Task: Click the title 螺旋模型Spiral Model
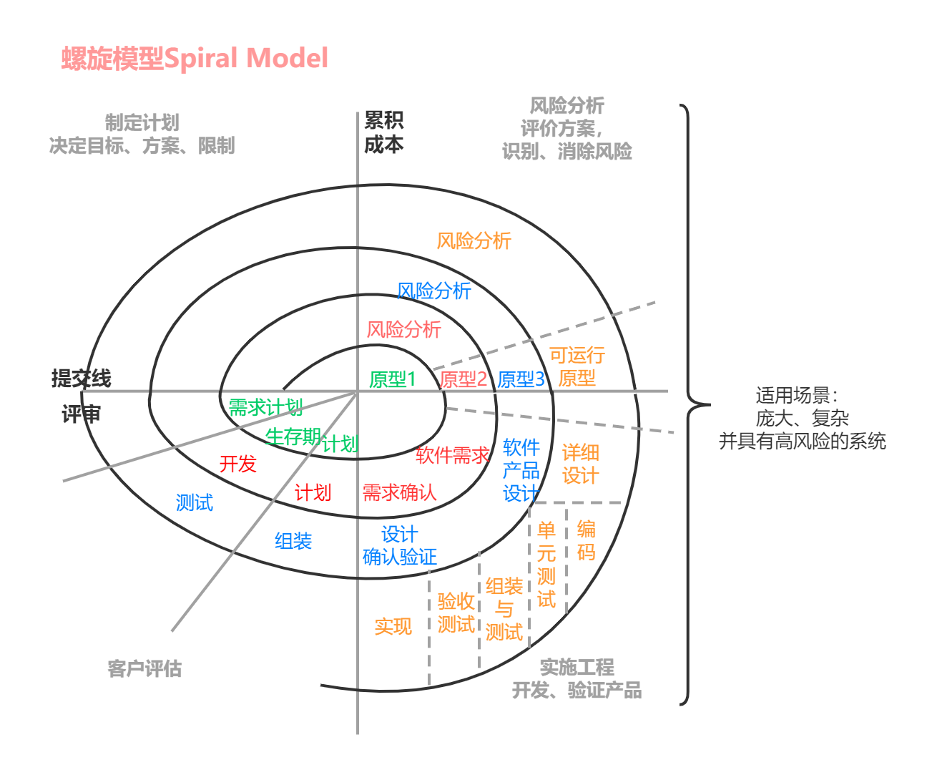[195, 58]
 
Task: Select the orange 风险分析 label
[474, 240]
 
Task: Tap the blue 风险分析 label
[433, 291]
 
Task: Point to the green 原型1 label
[392, 379]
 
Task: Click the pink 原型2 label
[463, 379]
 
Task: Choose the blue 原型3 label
[521, 379]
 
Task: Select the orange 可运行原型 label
[577, 366]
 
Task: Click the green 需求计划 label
[265, 407]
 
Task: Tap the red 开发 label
[237, 464]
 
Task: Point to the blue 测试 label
[194, 502]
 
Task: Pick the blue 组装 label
[293, 540]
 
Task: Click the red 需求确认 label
[399, 492]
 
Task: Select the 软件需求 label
[452, 455]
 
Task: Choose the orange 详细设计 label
[580, 464]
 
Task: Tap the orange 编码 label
[586, 540]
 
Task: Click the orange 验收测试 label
[456, 613]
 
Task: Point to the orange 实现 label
[393, 626]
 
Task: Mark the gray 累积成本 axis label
[383, 132]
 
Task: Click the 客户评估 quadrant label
[144, 668]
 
